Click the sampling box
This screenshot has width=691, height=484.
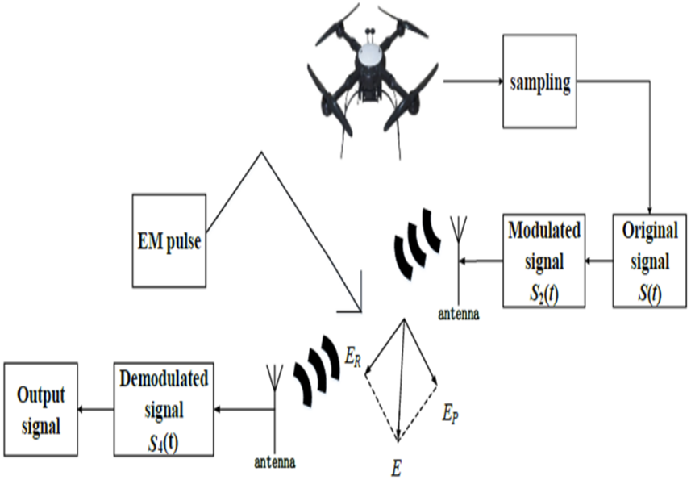point(539,81)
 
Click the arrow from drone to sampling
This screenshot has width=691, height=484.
point(472,81)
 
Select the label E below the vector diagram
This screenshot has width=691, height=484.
point(397,465)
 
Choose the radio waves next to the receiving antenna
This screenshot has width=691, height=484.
point(317,370)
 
